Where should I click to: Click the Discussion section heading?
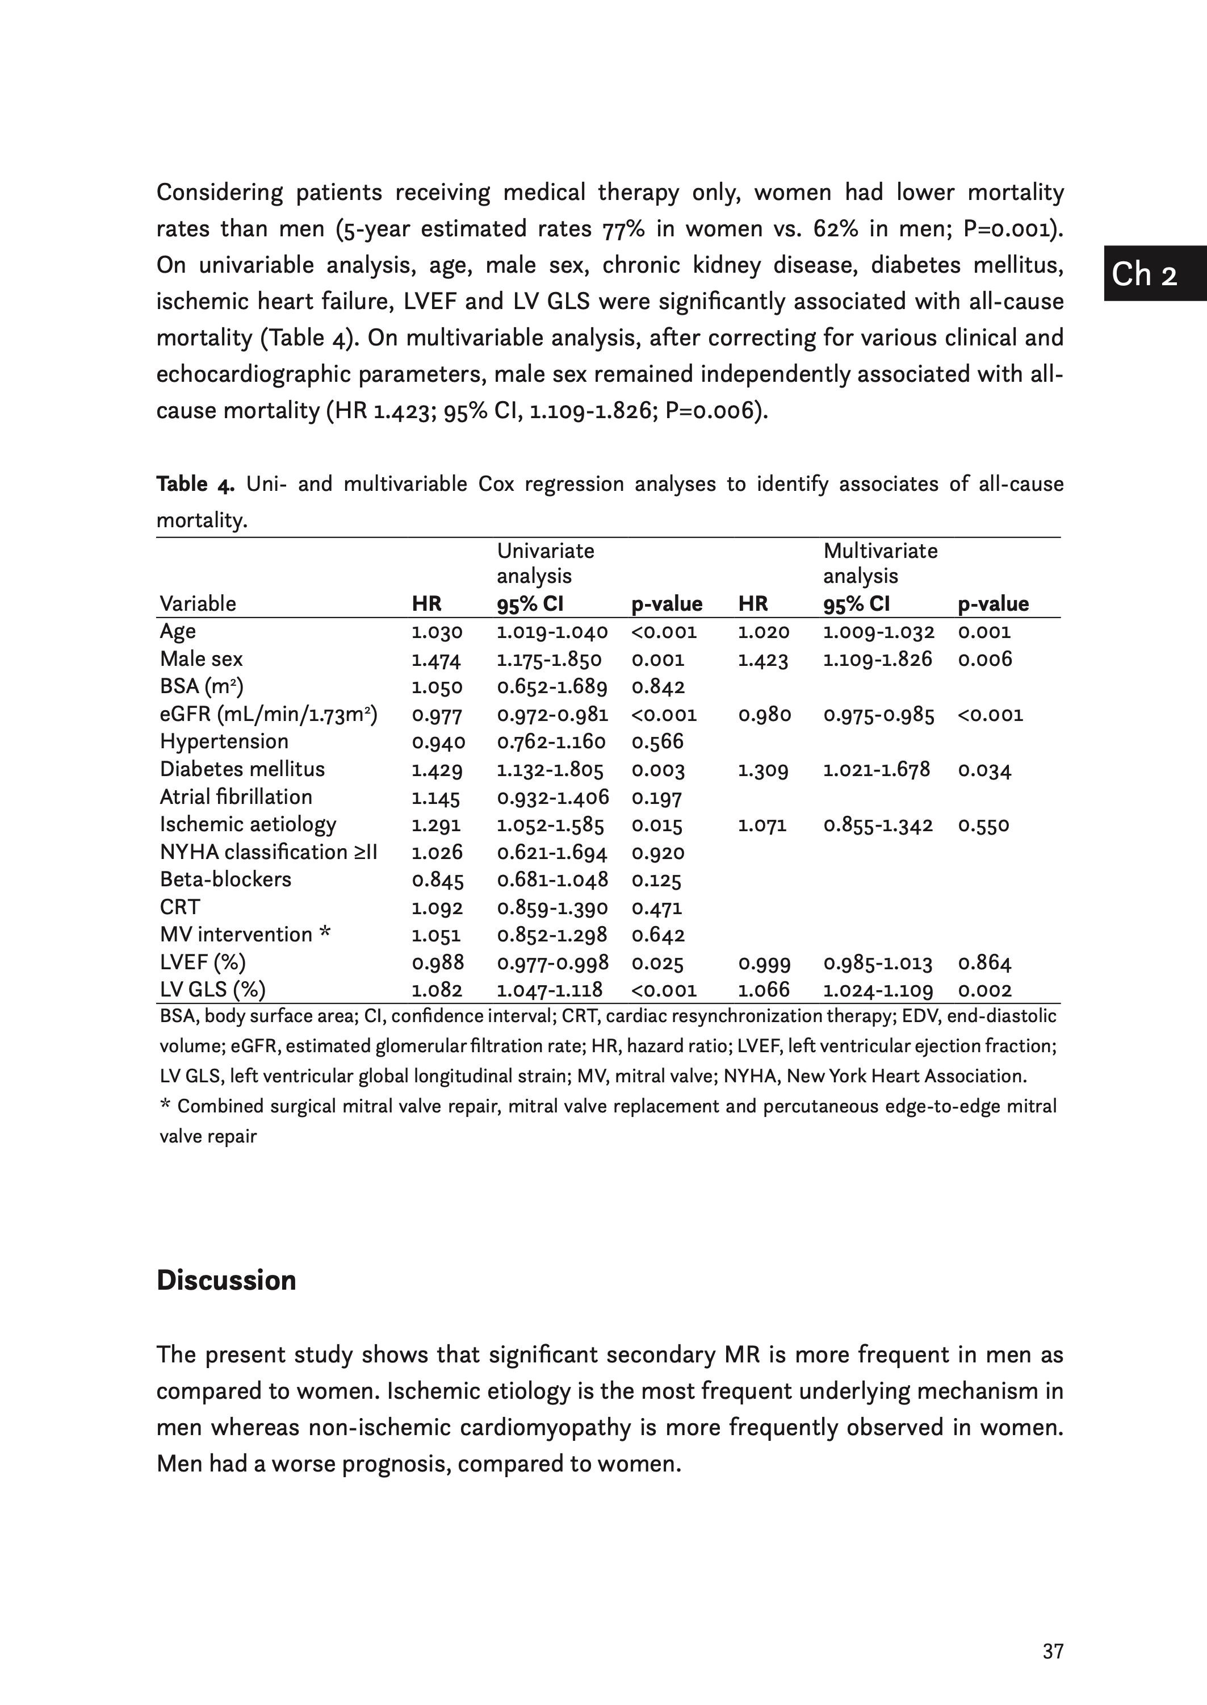226,1281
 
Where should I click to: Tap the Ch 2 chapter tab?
1144,274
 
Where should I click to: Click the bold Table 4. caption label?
195,484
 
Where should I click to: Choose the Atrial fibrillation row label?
236,797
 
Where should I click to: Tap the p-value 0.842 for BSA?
658,687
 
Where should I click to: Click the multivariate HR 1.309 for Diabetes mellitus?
762,770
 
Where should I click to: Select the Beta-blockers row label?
225,879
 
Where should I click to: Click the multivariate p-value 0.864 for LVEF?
984,963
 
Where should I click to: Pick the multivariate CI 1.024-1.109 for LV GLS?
878,990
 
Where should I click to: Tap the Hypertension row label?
224,741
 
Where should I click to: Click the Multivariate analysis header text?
880,563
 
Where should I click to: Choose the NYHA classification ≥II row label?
269,852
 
